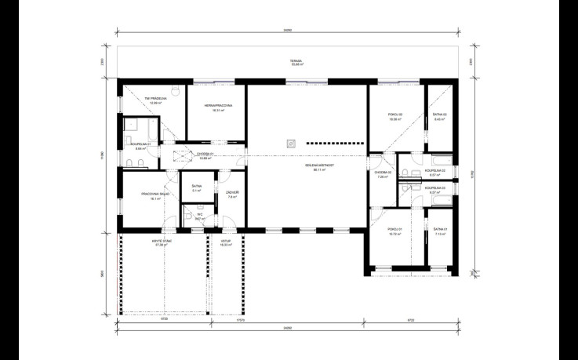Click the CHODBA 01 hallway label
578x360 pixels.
tap(205, 155)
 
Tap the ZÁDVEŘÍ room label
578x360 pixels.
tap(232, 195)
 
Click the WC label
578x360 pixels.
tap(200, 215)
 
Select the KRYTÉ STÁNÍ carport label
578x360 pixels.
tap(162, 243)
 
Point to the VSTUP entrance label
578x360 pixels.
tap(227, 243)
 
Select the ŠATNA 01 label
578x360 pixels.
tap(439, 231)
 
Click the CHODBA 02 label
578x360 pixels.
tap(383, 174)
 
